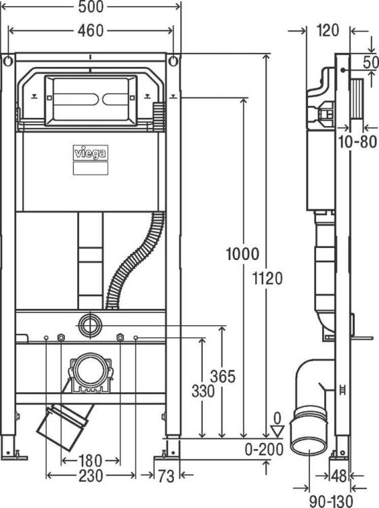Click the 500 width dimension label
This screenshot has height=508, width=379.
pos(91,7)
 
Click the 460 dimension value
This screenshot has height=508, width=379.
pos(91,31)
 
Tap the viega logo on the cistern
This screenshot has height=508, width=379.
pos(90,153)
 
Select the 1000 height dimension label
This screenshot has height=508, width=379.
pos(242,254)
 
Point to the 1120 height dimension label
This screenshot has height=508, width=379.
pos(267,278)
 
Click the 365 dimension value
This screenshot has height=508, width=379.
pos(223,377)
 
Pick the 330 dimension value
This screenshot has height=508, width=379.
pos(203,391)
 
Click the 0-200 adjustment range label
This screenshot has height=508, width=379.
pos(264,449)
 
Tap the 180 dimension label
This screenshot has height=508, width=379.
pos(90,461)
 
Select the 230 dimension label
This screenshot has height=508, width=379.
pos(91,475)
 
